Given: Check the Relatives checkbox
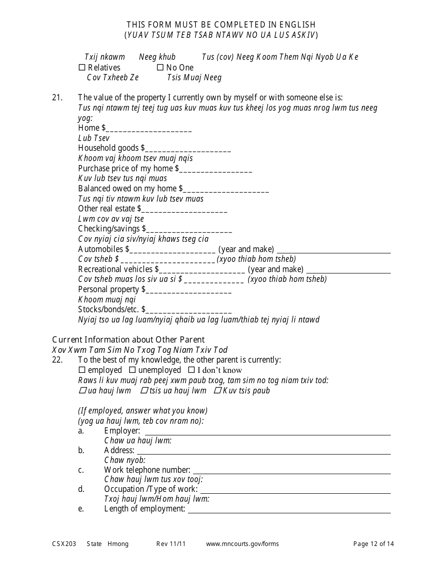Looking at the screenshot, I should point(83,68).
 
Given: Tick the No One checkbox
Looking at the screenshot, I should point(160,68).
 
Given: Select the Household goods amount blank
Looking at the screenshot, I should point(188,149).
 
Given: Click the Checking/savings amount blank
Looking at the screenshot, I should point(189,230).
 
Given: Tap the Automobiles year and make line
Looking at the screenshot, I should point(334,250).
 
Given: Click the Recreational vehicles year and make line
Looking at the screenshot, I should point(349,270).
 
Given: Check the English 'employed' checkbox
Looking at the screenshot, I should point(83,370).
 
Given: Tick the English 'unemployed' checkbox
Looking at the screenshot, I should point(133,370).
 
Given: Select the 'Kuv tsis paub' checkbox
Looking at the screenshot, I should point(217,391).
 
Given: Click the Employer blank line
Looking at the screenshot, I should point(267,432).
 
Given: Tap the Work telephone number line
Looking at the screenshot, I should point(291,471).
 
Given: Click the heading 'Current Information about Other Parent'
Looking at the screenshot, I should point(128,340).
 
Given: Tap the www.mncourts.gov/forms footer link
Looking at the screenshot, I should point(242,544).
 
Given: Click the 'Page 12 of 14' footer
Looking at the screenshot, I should point(374,544).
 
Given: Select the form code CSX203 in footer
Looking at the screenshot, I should point(63,544).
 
